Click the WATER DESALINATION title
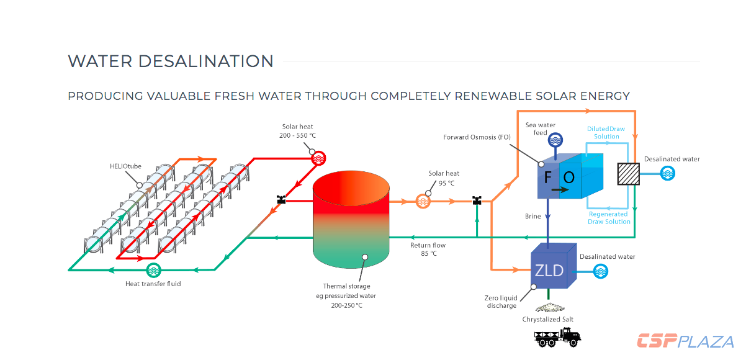point(171,61)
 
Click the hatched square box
point(629,174)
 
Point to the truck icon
point(557,338)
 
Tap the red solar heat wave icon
point(318,156)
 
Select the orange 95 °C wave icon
point(423,200)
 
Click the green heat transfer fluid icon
point(153,270)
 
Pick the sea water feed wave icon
point(556,140)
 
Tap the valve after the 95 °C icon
point(477,200)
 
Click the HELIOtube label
point(125,166)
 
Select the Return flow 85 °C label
point(428,249)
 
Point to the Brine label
point(533,216)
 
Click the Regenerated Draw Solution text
point(609,218)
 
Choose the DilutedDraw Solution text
point(606,132)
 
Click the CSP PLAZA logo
point(685,341)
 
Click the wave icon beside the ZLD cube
point(601,271)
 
